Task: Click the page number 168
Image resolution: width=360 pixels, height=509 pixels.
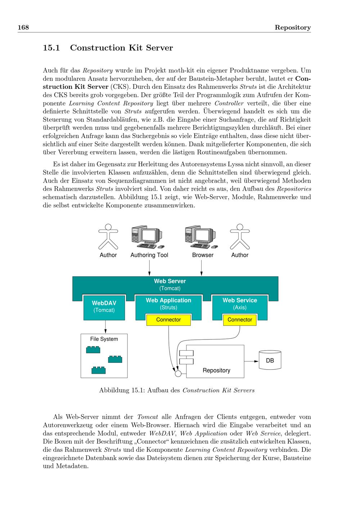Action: [23, 28]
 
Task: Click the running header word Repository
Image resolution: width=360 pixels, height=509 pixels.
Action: [292, 28]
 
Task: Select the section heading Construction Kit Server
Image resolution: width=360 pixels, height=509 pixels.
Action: [121, 48]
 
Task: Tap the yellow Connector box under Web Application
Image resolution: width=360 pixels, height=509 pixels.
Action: [168, 320]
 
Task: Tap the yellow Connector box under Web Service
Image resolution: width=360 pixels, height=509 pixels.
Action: [240, 320]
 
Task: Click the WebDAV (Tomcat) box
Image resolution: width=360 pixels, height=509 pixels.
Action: [104, 307]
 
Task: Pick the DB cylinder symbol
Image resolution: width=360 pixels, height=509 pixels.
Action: [270, 360]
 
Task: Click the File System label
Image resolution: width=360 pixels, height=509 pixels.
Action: [104, 339]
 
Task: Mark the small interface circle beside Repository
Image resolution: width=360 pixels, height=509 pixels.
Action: [178, 373]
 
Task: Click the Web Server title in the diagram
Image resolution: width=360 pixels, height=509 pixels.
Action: [170, 281]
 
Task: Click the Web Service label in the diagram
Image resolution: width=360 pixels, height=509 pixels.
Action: [240, 300]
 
